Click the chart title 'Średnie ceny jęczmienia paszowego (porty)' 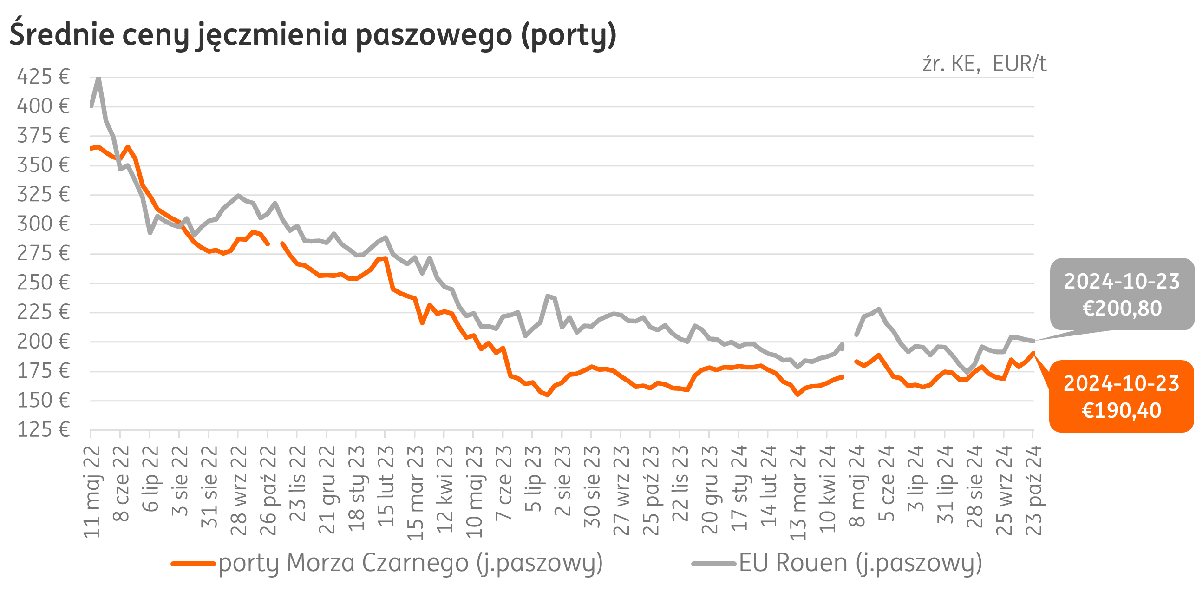point(313,35)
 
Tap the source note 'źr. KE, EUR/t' point(984,64)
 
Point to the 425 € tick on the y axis point(43,77)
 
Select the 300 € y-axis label point(43,224)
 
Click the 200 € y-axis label point(43,342)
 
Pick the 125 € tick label point(43,430)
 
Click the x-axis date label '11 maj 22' point(91,492)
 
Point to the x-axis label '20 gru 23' point(710,489)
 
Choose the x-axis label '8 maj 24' point(857,486)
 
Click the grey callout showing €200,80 point(1122,295)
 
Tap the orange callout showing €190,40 point(1121,397)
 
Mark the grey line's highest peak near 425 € point(98,79)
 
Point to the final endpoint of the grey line point(1033,341)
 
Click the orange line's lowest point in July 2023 point(548,395)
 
